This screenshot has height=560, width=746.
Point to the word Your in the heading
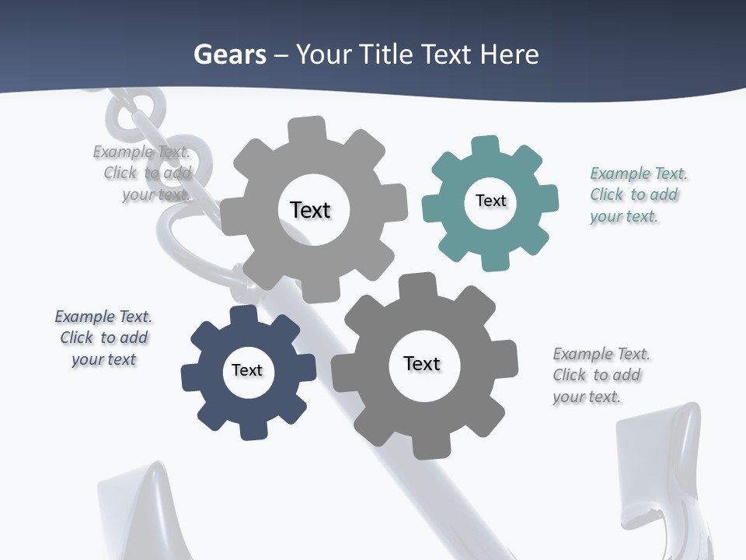pyautogui.click(x=324, y=54)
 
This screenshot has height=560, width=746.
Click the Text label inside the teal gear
pyautogui.click(x=490, y=201)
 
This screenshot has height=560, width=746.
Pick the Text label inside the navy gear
pyautogui.click(x=247, y=370)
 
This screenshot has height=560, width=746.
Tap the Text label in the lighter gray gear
pyautogui.click(x=310, y=210)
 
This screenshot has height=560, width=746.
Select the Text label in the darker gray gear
pyautogui.click(x=422, y=363)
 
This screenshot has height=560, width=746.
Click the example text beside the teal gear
pyautogui.click(x=638, y=194)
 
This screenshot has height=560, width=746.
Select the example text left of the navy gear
pyautogui.click(x=104, y=338)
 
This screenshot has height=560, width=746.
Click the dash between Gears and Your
pyautogui.click(x=282, y=55)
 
